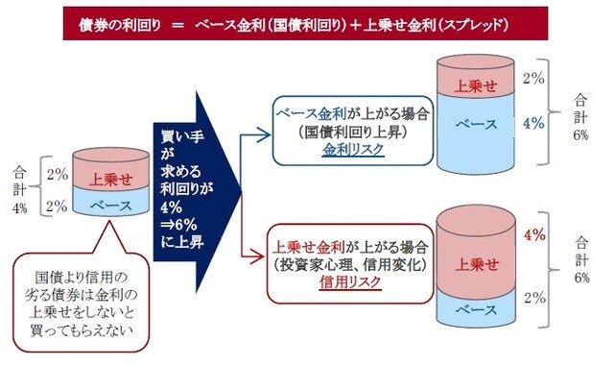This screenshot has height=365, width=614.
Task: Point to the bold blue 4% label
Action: tap(534, 124)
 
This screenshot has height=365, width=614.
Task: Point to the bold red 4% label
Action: tap(534, 234)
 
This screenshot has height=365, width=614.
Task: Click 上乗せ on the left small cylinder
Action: tap(109, 178)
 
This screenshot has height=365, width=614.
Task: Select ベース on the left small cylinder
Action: tap(109, 205)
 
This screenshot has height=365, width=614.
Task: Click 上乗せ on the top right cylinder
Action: tap(476, 85)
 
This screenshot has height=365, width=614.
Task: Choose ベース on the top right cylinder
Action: tap(476, 126)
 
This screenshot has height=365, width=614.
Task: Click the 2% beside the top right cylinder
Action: tap(533, 75)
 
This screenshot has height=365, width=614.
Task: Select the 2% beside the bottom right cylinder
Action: tap(533, 296)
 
